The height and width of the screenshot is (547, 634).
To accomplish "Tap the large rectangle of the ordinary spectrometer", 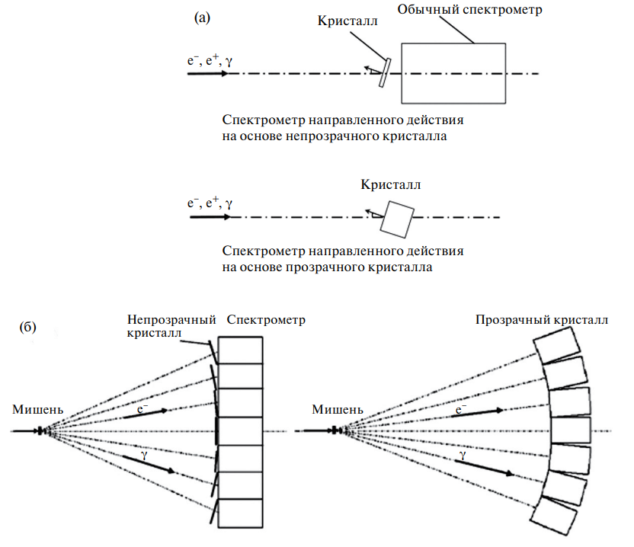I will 453,73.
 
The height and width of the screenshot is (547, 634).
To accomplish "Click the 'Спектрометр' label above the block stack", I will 266,320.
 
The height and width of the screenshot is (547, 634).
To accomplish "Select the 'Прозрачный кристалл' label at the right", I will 542,320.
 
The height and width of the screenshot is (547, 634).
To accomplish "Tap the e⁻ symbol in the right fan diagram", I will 459,410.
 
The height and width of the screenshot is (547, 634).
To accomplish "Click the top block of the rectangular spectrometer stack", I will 240,350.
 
